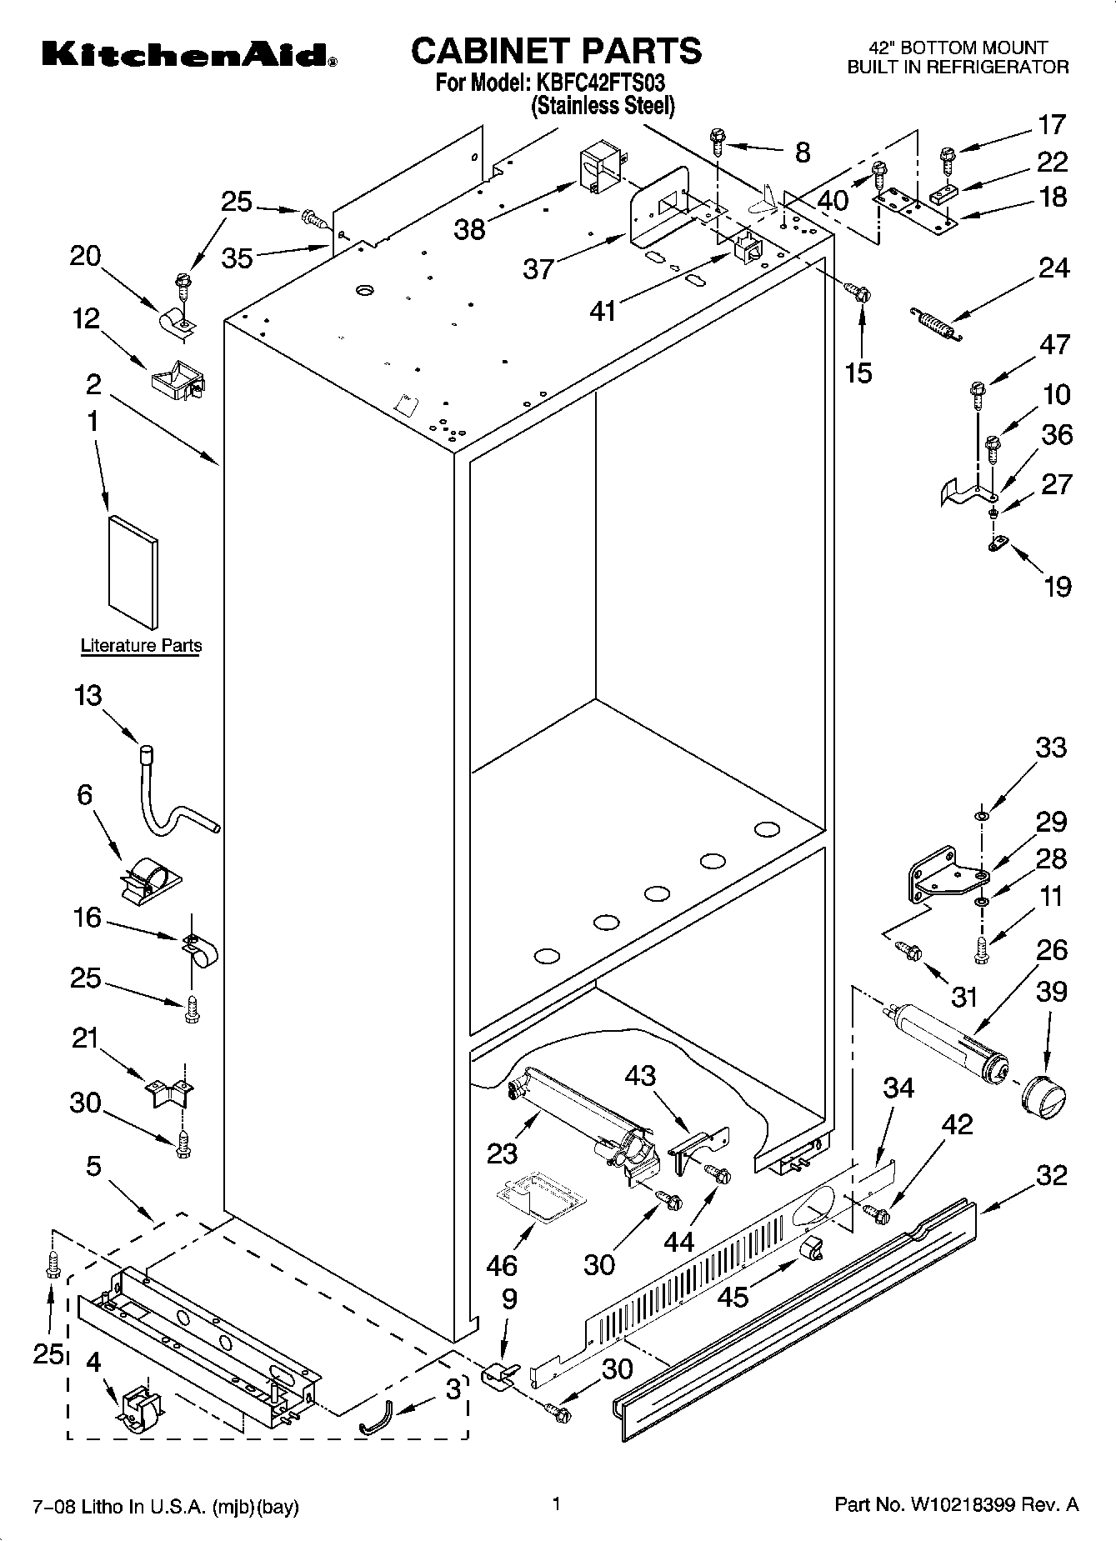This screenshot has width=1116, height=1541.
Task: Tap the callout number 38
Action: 470,229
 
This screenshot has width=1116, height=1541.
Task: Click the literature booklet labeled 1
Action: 133,571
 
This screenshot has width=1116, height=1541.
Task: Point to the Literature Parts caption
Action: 141,646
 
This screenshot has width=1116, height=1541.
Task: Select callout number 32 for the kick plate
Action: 1052,1175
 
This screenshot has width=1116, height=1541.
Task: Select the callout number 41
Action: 602,311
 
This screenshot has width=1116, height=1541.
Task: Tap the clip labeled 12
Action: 177,378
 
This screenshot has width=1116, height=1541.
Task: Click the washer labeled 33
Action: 981,814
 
